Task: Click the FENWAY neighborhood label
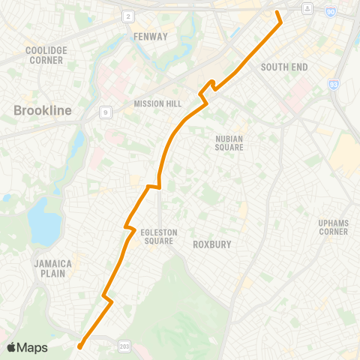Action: [146, 36]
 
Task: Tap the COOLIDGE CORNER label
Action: [47, 55]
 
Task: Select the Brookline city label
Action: [43, 111]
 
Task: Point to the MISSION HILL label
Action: [154, 103]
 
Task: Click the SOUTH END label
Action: [284, 67]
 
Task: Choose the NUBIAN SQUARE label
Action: [229, 142]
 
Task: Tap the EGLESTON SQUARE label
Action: [159, 237]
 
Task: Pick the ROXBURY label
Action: [211, 244]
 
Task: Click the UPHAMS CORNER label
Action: [333, 227]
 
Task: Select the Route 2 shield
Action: [128, 16]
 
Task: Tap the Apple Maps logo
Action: [28, 347]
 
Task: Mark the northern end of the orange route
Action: [277, 12]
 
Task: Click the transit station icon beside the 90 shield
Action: [307, 7]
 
